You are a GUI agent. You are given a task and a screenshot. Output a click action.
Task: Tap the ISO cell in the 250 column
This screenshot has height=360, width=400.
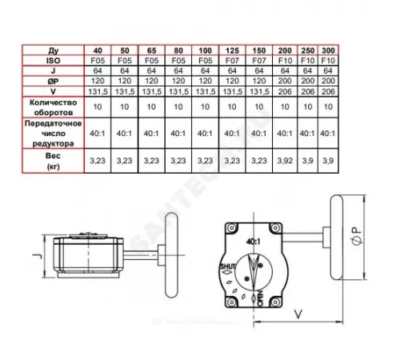click(x=306, y=59)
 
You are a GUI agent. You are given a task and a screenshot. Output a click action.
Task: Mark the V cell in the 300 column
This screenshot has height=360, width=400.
click(x=327, y=92)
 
